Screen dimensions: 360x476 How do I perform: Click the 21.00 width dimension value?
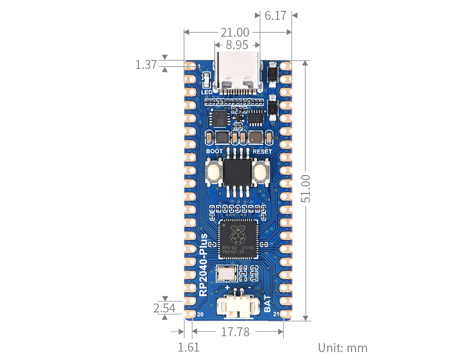point(235,33)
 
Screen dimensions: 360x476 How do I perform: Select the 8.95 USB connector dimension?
point(237,45)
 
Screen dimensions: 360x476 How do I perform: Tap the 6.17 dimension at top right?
point(275,15)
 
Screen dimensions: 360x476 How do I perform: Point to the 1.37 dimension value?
point(146,64)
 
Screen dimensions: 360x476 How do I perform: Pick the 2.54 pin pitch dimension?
point(164,308)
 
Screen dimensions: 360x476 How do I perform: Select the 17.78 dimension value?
point(235,332)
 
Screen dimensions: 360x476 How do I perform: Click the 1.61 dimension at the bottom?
point(188,347)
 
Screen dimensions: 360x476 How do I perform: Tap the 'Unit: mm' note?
point(343,347)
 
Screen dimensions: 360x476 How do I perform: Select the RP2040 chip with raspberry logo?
point(238,239)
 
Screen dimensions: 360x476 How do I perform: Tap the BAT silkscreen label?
point(267,304)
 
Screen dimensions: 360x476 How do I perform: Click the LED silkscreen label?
point(207,92)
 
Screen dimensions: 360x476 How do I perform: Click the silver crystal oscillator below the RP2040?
point(226,272)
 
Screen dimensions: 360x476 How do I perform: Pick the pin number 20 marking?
point(201,314)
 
